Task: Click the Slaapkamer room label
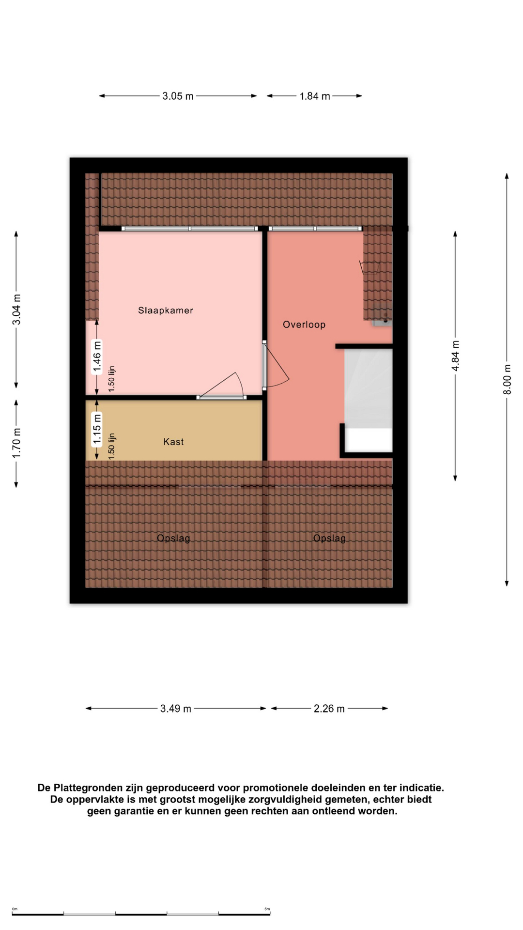coord(166,310)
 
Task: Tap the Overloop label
coord(304,325)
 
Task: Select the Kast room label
coord(173,442)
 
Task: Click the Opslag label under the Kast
coord(173,538)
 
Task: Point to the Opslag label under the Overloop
coord(329,538)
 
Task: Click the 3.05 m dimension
coord(178,96)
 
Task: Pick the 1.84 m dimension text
coord(315,96)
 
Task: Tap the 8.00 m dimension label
coord(507,379)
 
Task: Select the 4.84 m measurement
coord(455,356)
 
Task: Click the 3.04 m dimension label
coord(16,310)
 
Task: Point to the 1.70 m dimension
coord(16,443)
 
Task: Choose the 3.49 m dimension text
coord(176,709)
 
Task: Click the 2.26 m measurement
coord(329,709)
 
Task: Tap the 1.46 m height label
coord(97,357)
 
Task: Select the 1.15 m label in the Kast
coord(97,428)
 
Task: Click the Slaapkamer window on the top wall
coord(189,229)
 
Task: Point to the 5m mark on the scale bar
coord(267,909)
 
